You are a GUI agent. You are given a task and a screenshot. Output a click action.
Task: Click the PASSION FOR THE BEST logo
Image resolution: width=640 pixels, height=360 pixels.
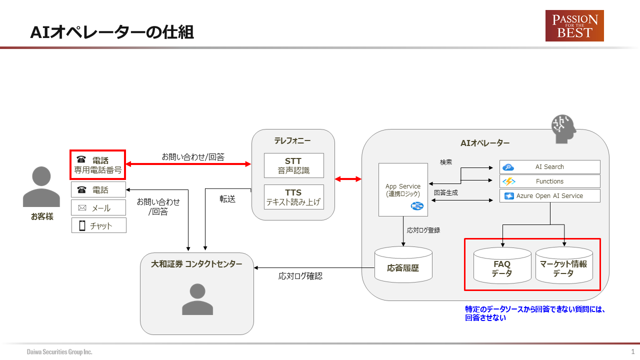pos(574,25)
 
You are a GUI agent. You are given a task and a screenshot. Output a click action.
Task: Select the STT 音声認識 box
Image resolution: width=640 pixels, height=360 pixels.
pos(293,165)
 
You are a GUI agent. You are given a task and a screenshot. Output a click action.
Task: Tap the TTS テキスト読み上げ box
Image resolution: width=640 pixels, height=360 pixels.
pos(293,197)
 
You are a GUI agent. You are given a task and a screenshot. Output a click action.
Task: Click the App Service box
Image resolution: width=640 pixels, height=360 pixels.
pos(403,190)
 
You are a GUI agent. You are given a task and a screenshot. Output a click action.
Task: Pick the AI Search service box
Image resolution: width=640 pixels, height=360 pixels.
pos(549,167)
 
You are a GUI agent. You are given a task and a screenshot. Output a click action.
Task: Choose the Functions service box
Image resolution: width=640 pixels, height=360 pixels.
pos(549,181)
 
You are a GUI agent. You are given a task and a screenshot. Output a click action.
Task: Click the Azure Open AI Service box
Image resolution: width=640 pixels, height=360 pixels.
pos(549,196)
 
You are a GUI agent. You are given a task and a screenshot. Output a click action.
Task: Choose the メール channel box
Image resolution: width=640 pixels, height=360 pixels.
pos(98,208)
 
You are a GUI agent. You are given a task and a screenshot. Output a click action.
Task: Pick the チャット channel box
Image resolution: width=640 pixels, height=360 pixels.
pos(98,225)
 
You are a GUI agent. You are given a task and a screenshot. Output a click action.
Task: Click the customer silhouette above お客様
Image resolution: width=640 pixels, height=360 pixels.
pos(41,186)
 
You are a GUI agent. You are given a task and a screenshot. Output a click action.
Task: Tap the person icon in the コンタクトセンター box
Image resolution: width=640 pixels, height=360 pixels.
pos(197,299)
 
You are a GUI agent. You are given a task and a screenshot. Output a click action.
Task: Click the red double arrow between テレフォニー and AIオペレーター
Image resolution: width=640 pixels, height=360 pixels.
pos(348,178)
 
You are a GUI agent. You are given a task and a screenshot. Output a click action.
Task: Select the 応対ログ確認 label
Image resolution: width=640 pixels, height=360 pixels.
pos(300,276)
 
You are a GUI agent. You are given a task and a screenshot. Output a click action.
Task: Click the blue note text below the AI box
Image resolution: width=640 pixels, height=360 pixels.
pos(535,313)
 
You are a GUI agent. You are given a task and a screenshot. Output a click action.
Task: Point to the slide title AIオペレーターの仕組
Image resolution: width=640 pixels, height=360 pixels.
pos(112,32)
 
